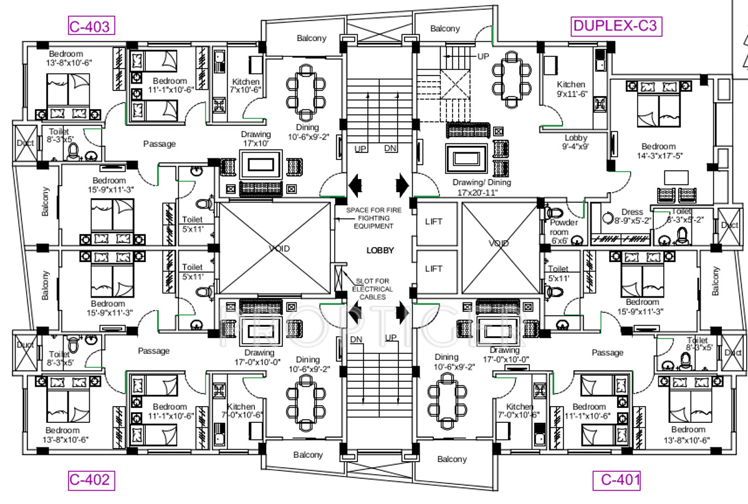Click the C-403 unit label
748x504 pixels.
coord(90,26)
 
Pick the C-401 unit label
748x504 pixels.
coord(620,480)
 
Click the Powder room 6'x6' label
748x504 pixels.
coord(563,227)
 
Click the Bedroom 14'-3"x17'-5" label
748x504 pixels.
coord(659,151)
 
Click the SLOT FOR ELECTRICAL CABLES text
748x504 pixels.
coord(372,289)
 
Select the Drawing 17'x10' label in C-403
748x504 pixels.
coord(256,139)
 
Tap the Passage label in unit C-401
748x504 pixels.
coord(607,352)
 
